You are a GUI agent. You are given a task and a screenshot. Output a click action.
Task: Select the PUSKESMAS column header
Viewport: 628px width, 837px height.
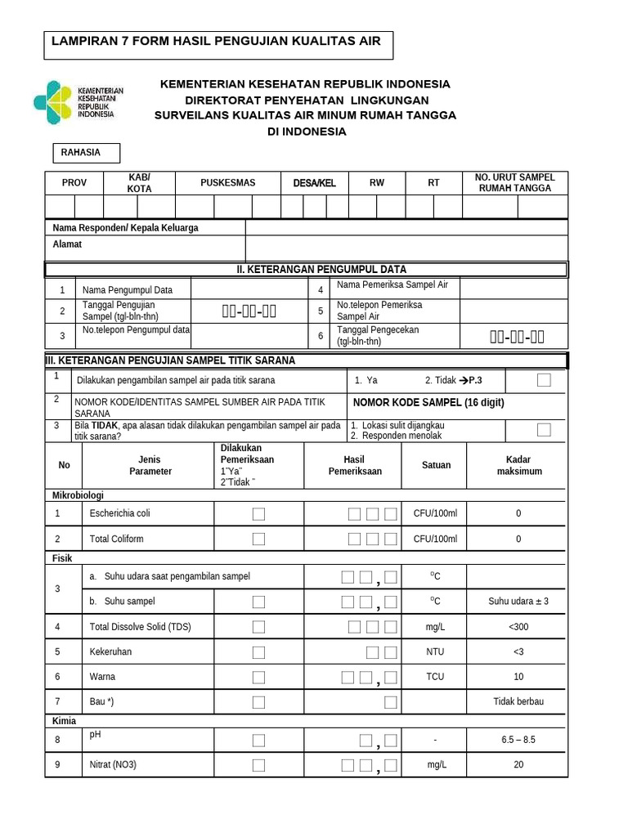(x=228, y=183)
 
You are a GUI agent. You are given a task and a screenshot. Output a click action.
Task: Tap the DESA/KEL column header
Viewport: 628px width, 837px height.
(x=315, y=183)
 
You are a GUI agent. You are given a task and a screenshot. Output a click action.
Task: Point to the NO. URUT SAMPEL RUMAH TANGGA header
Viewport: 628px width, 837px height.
(x=515, y=183)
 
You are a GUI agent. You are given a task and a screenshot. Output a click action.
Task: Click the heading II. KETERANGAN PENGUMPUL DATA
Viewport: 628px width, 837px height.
(x=304, y=270)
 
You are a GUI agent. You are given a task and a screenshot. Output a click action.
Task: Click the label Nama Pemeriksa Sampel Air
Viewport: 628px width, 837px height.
(x=392, y=284)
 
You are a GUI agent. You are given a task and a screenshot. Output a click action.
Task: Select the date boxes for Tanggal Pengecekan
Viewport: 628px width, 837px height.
(x=517, y=336)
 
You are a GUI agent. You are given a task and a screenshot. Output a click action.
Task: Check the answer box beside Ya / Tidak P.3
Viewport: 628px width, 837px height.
(x=544, y=380)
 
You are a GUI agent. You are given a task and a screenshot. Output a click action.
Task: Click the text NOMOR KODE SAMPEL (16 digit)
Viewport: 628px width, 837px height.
(x=428, y=402)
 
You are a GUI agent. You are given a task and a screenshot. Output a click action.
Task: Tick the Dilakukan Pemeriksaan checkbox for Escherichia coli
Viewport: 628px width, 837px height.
(x=258, y=513)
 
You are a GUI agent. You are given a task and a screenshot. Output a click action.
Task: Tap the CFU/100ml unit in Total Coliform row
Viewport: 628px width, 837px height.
(x=435, y=539)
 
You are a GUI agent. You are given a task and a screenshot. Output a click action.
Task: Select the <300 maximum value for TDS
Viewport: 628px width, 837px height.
(x=518, y=627)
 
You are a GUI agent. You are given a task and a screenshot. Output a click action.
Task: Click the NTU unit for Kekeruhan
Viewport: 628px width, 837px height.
(x=435, y=652)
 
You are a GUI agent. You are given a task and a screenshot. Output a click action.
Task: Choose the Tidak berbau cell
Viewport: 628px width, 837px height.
(x=518, y=702)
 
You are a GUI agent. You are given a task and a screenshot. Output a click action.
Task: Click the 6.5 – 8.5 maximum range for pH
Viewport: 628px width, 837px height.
(x=518, y=740)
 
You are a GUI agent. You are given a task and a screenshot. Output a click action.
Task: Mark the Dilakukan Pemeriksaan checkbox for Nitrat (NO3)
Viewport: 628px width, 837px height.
(x=258, y=766)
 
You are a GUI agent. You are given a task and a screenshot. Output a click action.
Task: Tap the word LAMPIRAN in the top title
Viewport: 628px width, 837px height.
(x=83, y=41)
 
